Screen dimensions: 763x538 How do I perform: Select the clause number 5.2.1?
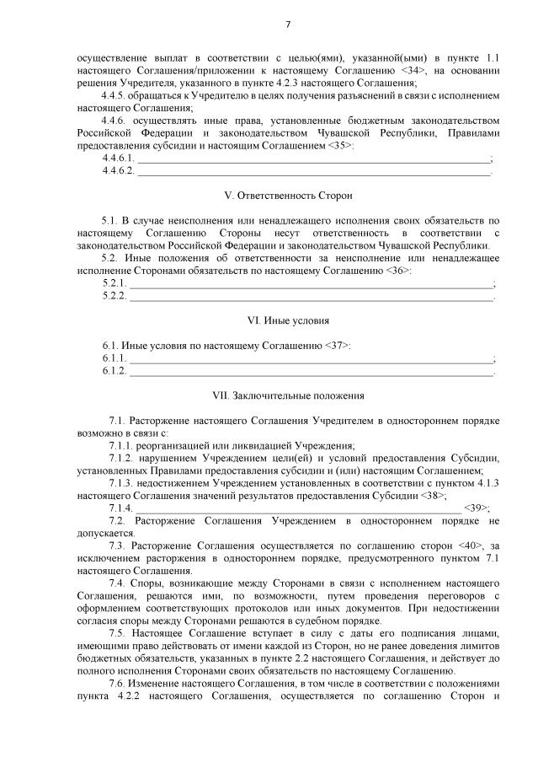tap(114, 282)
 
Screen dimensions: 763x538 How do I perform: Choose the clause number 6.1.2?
tap(114, 371)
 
